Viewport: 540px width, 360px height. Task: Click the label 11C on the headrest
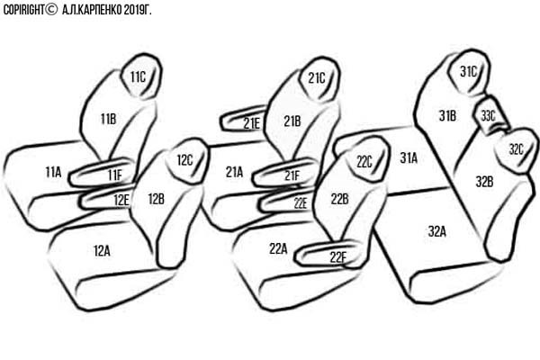138,77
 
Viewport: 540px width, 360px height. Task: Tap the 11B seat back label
108,119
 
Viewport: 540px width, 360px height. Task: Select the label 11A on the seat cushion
53,172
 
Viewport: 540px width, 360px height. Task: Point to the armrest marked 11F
102,173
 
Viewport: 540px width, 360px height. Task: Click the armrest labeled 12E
105,198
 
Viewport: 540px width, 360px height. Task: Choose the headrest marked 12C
187,160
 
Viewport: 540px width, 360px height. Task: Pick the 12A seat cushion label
102,251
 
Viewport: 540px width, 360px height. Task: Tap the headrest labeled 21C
319,78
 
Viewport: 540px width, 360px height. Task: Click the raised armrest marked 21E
243,120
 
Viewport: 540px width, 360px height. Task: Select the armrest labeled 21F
285,174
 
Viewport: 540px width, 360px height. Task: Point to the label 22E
301,203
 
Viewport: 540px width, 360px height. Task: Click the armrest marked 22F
328,254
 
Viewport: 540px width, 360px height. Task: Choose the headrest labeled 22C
368,159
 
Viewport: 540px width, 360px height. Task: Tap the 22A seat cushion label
278,248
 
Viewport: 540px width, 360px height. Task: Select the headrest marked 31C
469,72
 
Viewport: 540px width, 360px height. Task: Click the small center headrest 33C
490,115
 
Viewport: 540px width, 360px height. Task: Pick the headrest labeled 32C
516,150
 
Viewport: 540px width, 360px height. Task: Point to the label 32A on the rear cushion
437,231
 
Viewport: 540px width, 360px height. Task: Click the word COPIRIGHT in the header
24,10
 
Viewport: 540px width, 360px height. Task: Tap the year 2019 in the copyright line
133,10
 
